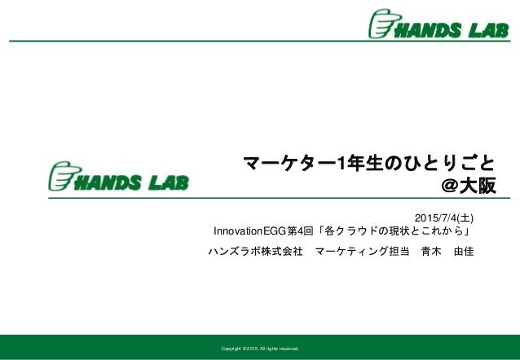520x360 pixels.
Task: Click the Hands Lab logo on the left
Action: coord(119,177)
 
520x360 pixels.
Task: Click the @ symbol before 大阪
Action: coord(448,187)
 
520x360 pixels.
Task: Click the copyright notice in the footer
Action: coord(254,349)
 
